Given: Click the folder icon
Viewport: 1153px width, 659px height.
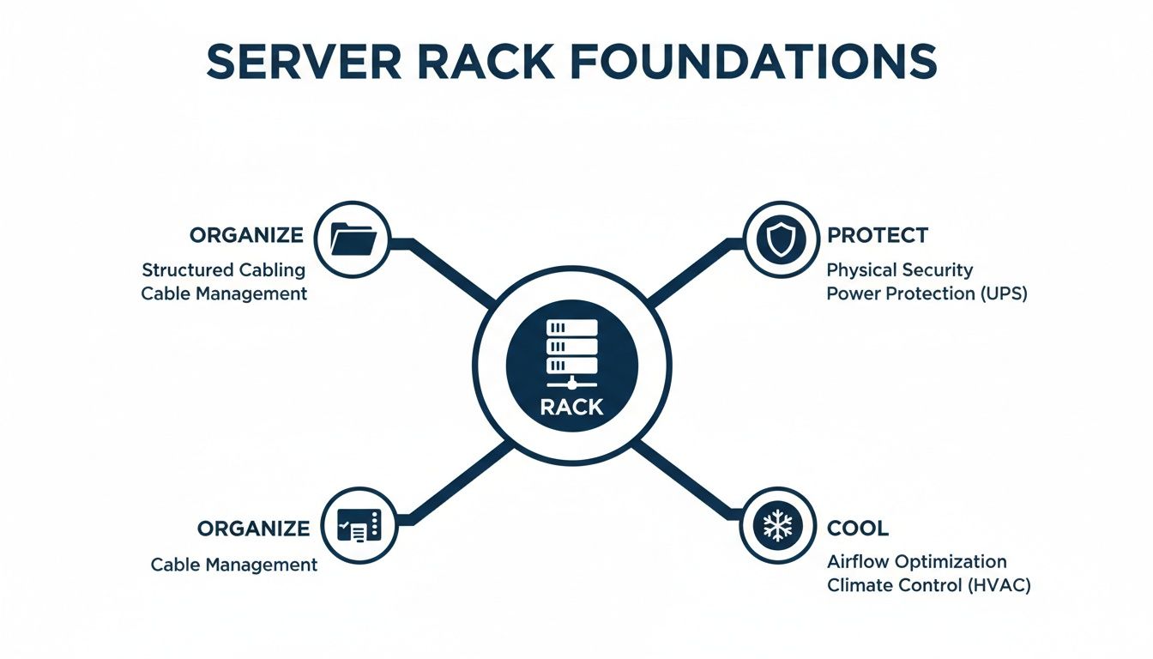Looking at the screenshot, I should coord(353,239).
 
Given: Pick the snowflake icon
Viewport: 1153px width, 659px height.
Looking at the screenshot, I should coord(778,525).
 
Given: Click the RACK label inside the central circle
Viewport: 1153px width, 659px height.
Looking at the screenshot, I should coord(571,407).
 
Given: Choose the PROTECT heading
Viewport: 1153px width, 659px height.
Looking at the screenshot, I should coord(877,235).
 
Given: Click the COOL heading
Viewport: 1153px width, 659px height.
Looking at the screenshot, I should coord(857,528).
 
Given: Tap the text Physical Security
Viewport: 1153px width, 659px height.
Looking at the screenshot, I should coord(899,269).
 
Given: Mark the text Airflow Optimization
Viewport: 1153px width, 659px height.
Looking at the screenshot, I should coord(916,562).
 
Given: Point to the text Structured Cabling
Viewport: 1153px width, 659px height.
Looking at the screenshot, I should coord(223,269).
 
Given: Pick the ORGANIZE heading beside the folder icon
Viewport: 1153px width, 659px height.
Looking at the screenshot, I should coord(246,235).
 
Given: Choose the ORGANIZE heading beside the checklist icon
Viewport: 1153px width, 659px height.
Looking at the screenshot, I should coord(253,528).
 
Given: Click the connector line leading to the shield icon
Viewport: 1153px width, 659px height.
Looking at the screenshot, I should coord(695,270).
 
